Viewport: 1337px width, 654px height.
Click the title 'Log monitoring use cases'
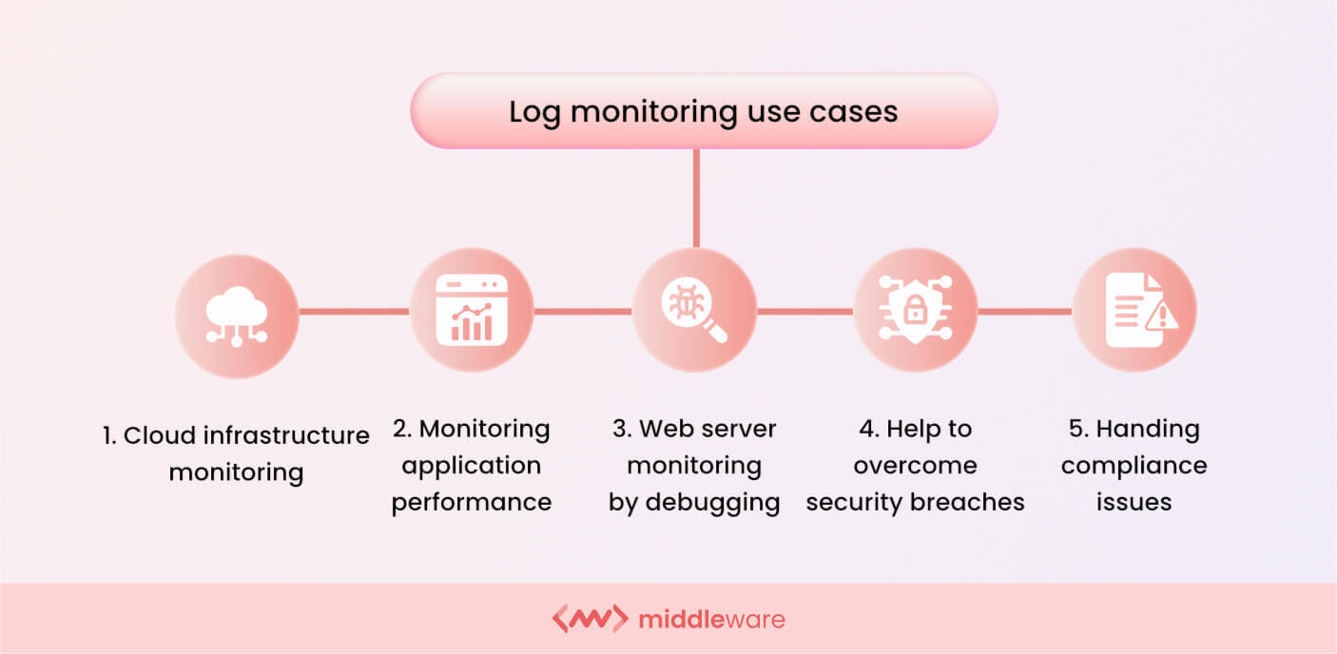point(703,111)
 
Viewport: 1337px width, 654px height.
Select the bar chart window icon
point(471,311)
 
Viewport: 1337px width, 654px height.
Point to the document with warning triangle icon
point(1134,311)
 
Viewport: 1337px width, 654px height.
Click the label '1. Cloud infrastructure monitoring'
point(236,453)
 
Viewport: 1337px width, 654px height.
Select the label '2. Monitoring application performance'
point(472,466)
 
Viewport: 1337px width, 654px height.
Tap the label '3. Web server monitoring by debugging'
point(694,466)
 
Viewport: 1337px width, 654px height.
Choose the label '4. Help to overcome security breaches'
point(915,466)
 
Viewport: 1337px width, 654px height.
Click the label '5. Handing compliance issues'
point(1134,466)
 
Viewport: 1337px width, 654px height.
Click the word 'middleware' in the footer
point(711,620)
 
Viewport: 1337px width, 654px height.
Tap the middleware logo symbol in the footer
point(590,619)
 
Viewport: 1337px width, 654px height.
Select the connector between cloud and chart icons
point(354,311)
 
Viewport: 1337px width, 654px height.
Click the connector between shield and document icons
point(1025,311)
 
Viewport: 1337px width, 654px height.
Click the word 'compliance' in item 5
point(1134,466)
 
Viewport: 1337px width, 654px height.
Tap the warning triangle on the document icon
point(1161,318)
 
